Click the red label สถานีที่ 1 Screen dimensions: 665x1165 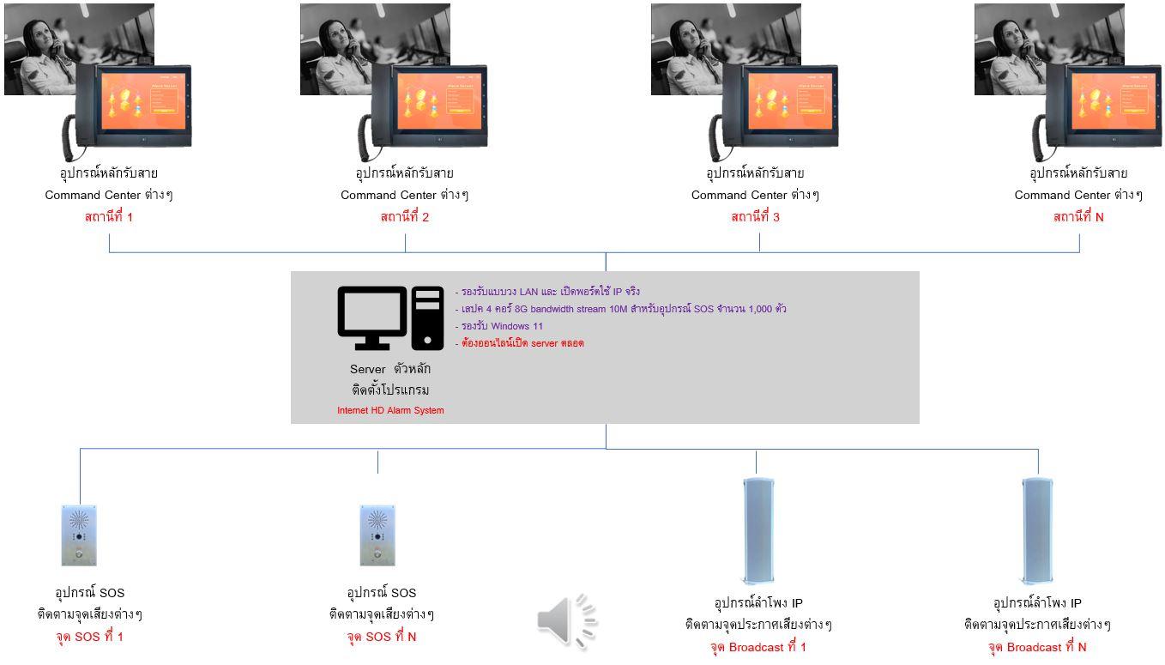tap(109, 217)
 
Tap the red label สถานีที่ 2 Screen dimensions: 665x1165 tap(404, 217)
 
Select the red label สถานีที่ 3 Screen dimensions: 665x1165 tap(755, 217)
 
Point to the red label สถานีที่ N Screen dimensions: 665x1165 tap(1078, 217)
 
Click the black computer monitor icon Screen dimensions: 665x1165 tap(371, 317)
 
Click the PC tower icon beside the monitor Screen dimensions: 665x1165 tap(427, 317)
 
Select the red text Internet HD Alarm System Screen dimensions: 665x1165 tap(390, 410)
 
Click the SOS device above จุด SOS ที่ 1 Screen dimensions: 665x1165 tap(79, 535)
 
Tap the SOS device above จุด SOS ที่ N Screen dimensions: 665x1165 tap(377, 535)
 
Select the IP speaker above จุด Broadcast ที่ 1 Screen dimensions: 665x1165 tap(758, 530)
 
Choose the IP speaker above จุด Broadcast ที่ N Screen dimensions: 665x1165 tap(1037, 530)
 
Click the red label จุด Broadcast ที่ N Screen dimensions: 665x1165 tap(1037, 647)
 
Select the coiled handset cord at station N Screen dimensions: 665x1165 tap(1041, 138)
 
